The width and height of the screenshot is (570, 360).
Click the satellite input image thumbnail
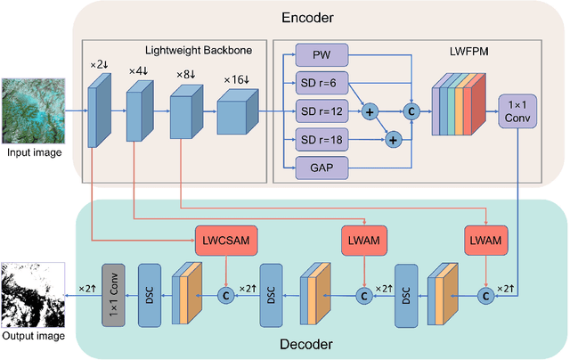(x=33, y=110)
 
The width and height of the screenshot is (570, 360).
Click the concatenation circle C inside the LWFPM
(x=411, y=112)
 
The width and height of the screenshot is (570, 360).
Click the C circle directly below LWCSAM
(x=225, y=293)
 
